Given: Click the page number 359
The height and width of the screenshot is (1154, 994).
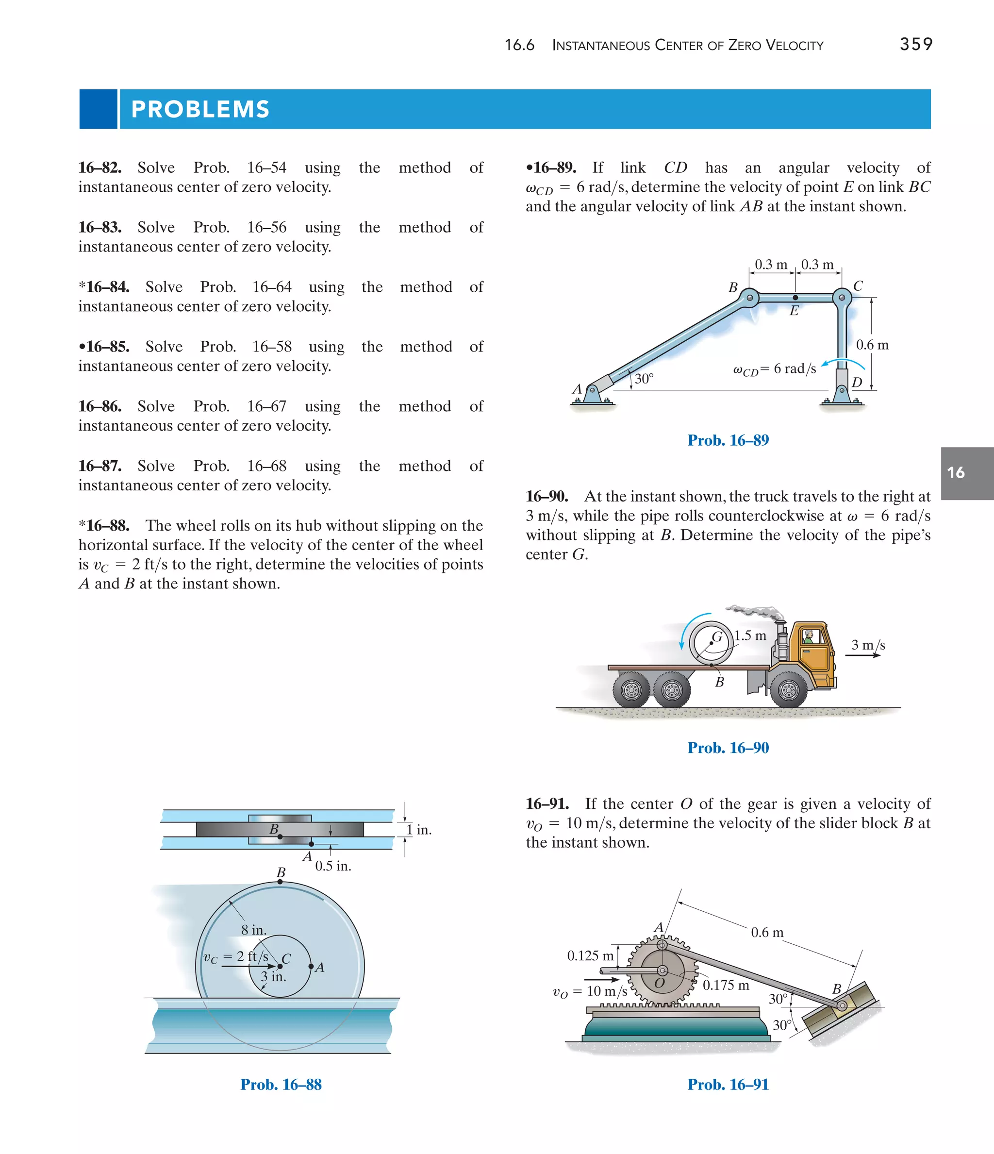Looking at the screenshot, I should click(916, 44).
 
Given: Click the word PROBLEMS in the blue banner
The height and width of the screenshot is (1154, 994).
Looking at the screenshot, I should click(200, 109).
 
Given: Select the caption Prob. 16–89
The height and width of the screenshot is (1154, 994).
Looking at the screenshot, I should click(728, 440).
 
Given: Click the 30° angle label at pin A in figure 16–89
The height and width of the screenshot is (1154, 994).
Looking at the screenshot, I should click(644, 379).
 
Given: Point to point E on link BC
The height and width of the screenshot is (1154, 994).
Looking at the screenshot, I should click(795, 298).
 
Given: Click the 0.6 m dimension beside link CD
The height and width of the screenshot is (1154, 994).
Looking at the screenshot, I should click(872, 345).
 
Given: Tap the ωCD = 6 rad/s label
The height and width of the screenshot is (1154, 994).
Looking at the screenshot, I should click(775, 369).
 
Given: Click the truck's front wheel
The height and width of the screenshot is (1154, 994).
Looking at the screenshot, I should click(789, 691).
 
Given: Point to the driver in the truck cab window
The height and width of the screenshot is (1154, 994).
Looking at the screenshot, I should click(809, 636).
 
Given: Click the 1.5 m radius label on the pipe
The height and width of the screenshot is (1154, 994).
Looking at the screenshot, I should click(749, 636).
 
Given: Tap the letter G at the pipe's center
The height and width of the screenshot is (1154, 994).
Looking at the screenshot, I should click(717, 636).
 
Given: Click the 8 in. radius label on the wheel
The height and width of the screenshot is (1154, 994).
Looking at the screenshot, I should click(253, 930).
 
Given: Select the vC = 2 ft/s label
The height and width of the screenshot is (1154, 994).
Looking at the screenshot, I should click(235, 957).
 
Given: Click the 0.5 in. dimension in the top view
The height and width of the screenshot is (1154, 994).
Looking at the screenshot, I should click(333, 866).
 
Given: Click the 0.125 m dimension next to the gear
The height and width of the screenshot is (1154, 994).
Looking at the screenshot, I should click(590, 956).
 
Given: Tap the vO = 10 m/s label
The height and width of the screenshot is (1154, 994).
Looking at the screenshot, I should click(590, 991).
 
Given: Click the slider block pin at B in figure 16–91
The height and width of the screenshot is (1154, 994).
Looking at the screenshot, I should click(842, 1006).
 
